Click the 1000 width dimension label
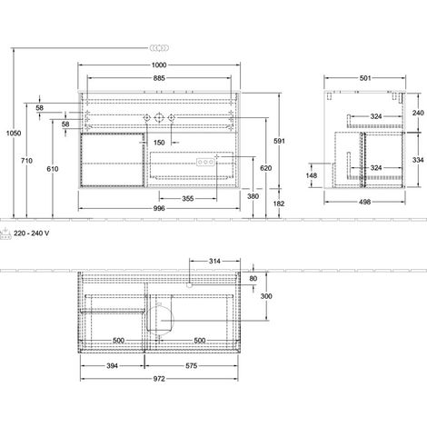pos(159,65)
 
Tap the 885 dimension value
pos(159,78)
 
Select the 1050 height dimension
pos(14,133)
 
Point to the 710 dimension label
pos(26,161)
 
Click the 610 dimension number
pos(53,169)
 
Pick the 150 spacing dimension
pos(159,143)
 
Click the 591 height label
pos(279,141)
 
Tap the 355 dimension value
pos(188,199)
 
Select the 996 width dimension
pos(159,208)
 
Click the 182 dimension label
pos(279,204)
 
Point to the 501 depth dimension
pos(365,78)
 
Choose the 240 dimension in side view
pos(418,113)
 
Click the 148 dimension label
pos(312,175)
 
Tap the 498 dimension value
pos(364,202)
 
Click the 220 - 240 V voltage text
pos(32,233)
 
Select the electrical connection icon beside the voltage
pos(5,233)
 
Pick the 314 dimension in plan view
pos(214,261)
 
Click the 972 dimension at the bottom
pos(159,379)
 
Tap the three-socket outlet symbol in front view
pos(205,163)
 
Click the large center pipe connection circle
pos(159,117)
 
